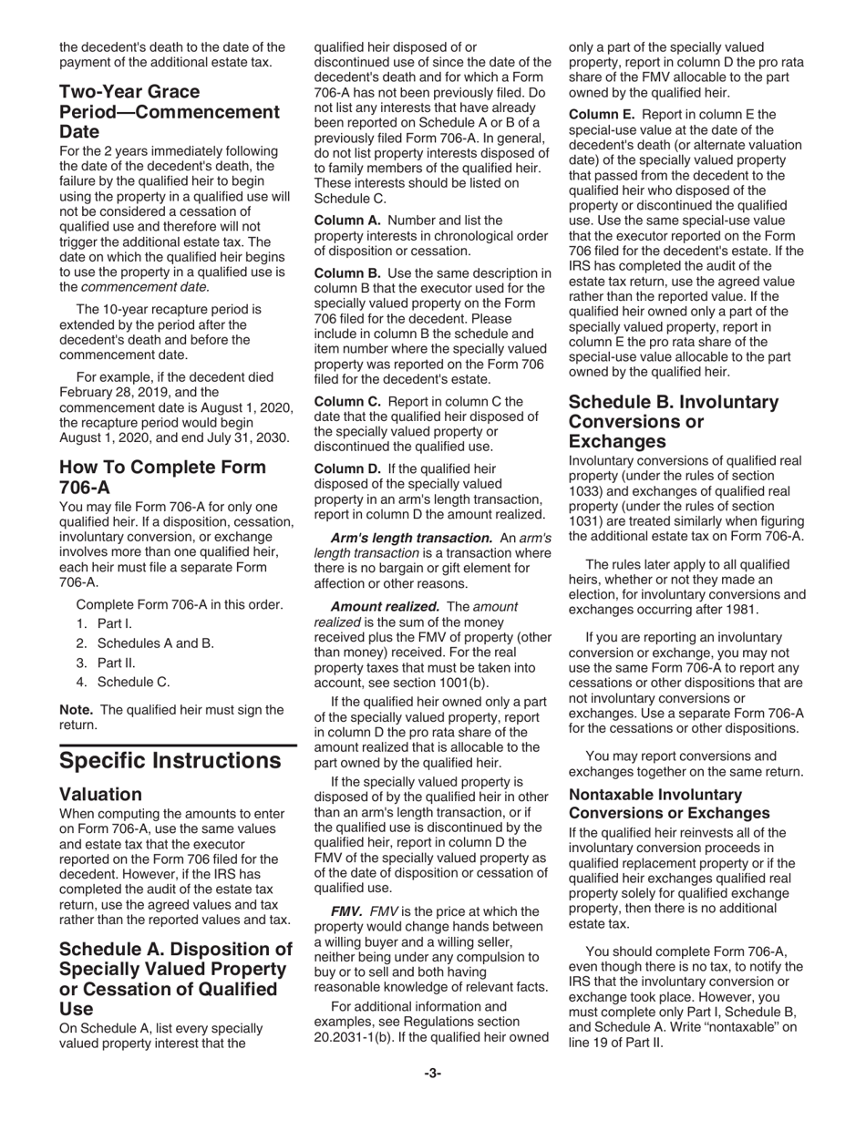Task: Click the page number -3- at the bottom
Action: tap(432, 1074)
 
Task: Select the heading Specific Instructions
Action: tap(170, 761)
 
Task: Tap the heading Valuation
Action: tap(100, 795)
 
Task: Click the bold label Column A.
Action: tap(345, 221)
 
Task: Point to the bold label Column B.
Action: tap(345, 273)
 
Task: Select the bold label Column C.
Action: tap(345, 401)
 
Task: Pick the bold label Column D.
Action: tap(345, 468)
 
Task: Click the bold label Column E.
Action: tap(599, 114)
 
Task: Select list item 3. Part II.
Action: tap(106, 663)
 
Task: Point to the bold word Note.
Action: tap(77, 710)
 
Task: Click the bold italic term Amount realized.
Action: tap(385, 607)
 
